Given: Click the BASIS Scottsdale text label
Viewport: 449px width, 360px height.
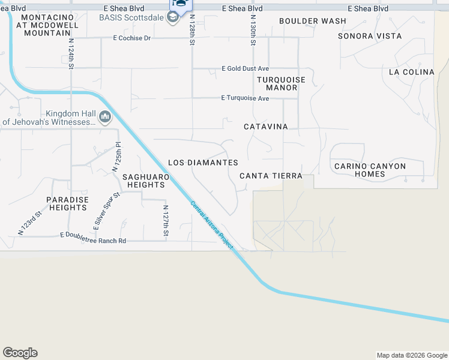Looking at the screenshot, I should coord(131,17).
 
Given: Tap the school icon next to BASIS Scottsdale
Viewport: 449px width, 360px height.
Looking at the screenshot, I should coord(173,17).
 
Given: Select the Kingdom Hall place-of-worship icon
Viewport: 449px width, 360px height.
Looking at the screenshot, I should coord(106,116).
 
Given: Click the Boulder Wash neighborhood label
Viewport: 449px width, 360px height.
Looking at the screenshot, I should coord(313,21).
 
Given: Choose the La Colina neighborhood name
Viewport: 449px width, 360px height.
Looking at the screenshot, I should coord(411,72).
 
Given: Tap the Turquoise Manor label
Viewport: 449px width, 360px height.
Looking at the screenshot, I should coord(282,83).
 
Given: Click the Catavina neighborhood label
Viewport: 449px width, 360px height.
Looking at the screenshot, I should coord(266,127).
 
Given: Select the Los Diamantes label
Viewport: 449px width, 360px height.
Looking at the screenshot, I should coord(203,163).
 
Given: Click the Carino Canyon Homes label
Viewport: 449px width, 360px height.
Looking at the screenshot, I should coord(370,170).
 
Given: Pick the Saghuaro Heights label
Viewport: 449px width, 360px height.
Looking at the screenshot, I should coord(143,181).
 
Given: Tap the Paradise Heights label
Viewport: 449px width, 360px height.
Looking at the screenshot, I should coord(68,203).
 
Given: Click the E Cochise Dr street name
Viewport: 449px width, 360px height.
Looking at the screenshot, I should coord(131,38).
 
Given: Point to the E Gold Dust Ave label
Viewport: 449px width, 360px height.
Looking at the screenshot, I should coord(245,68).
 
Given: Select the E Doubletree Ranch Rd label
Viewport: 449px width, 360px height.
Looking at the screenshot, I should coord(93,241).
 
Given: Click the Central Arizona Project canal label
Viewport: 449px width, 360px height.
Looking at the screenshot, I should coord(212,225).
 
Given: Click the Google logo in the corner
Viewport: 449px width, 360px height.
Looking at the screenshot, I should coord(20,353).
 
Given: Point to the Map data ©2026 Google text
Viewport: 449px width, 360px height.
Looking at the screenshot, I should coord(411,355).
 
